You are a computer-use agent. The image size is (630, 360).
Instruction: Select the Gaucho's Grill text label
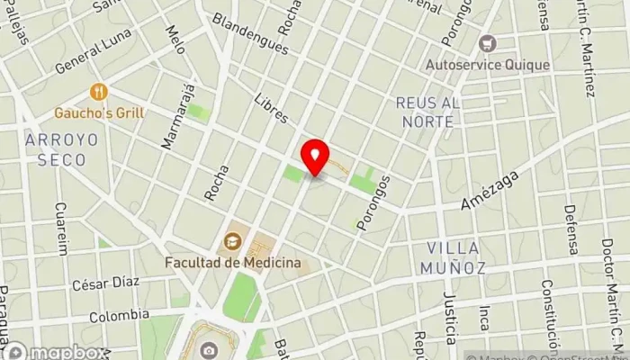point(99,113)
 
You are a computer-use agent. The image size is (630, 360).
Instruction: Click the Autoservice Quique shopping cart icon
point(489,42)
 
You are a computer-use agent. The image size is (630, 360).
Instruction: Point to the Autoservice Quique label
point(489,65)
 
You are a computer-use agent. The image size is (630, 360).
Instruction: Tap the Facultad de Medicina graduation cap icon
point(232,240)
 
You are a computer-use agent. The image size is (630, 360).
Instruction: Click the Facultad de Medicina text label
point(232,263)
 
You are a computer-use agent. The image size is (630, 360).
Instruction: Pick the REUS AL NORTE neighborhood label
point(427,112)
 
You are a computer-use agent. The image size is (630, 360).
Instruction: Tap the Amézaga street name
point(485,191)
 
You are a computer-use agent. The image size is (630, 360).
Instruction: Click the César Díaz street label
point(105,283)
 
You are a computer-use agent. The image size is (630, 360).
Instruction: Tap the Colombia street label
point(119,316)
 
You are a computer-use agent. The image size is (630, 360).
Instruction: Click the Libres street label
point(270,109)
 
